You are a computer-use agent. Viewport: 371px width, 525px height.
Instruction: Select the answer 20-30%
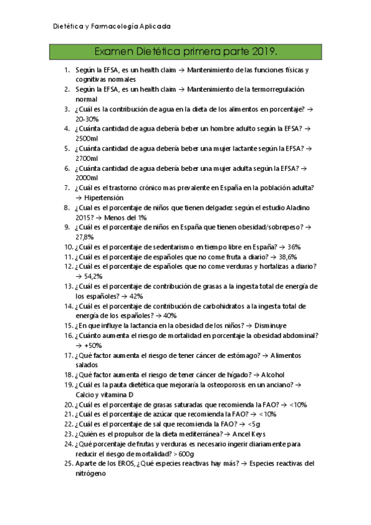(87, 119)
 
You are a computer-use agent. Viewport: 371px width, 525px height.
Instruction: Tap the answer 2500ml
(87, 139)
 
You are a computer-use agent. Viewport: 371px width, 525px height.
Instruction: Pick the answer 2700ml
(87, 158)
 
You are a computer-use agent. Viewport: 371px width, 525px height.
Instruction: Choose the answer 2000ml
(87, 178)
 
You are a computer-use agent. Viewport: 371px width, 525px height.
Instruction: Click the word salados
(87, 365)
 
